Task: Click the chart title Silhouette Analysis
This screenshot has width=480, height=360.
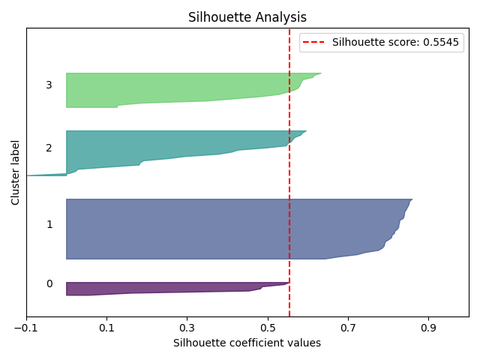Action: click(247, 17)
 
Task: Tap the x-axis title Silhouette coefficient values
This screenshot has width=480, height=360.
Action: click(247, 343)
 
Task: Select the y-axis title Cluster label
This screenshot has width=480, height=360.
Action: click(16, 172)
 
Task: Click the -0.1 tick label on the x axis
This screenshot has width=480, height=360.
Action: click(26, 328)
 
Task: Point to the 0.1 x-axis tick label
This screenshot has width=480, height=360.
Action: click(106, 328)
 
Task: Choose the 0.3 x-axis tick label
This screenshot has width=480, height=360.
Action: click(187, 328)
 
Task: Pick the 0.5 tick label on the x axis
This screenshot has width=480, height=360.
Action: click(268, 328)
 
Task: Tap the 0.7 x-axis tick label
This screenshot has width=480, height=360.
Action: click(348, 328)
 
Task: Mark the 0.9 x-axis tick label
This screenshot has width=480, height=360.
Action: click(428, 328)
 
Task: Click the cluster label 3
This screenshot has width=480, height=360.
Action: click(49, 85)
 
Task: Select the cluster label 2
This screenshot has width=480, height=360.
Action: click(49, 148)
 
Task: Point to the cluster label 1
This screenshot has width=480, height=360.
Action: click(49, 224)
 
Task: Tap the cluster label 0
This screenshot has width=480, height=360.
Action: click(49, 283)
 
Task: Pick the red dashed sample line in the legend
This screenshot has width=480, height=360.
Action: click(315, 43)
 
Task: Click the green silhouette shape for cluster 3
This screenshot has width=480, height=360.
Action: click(172, 86)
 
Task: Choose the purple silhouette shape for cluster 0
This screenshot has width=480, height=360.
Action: click(172, 287)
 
